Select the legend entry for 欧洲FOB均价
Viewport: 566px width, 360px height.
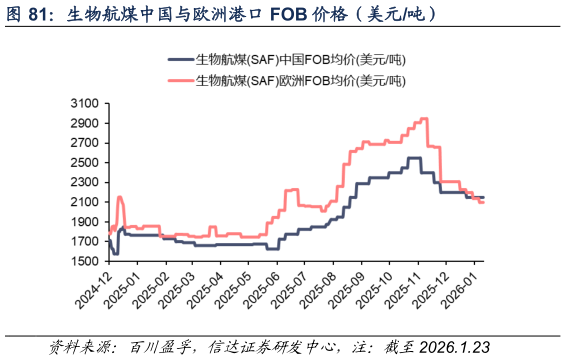tap(300, 80)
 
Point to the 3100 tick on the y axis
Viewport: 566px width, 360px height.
tap(85, 103)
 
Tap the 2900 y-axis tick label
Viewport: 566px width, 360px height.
tap(85, 123)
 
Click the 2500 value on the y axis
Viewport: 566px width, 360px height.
tap(85, 162)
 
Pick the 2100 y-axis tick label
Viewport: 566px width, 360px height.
tap(85, 202)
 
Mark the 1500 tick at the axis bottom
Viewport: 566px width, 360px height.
tap(85, 261)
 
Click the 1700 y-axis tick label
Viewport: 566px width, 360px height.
tap(85, 241)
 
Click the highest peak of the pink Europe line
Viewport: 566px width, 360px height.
tap(424, 119)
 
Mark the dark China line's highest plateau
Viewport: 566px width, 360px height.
tap(413, 158)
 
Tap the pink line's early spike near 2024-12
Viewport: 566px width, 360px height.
tap(119, 197)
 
